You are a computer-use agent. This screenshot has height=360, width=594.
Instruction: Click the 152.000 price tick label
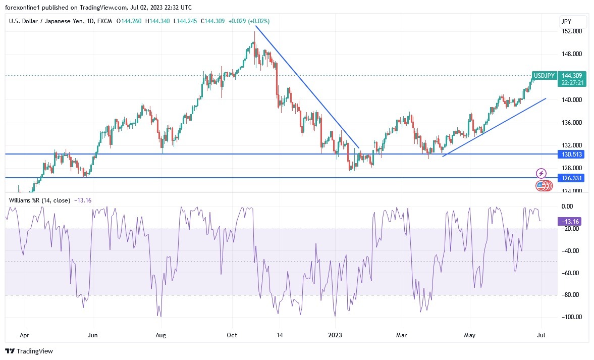571,31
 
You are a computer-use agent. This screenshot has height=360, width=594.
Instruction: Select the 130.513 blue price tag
572,154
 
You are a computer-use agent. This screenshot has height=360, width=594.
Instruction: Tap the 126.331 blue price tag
572,178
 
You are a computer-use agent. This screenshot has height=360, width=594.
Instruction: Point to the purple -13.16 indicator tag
572,221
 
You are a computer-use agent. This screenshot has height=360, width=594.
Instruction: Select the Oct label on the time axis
232,335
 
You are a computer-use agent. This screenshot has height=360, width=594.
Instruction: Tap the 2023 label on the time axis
335,335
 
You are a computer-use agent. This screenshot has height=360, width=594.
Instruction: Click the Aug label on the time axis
160,335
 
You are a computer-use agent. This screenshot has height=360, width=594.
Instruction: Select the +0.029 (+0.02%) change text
249,21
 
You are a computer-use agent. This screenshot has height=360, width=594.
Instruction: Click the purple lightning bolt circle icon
541,173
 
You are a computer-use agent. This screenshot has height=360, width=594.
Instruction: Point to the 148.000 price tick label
571,54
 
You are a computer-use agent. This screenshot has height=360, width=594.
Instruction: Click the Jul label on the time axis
541,335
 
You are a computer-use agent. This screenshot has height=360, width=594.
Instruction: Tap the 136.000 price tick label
571,123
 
